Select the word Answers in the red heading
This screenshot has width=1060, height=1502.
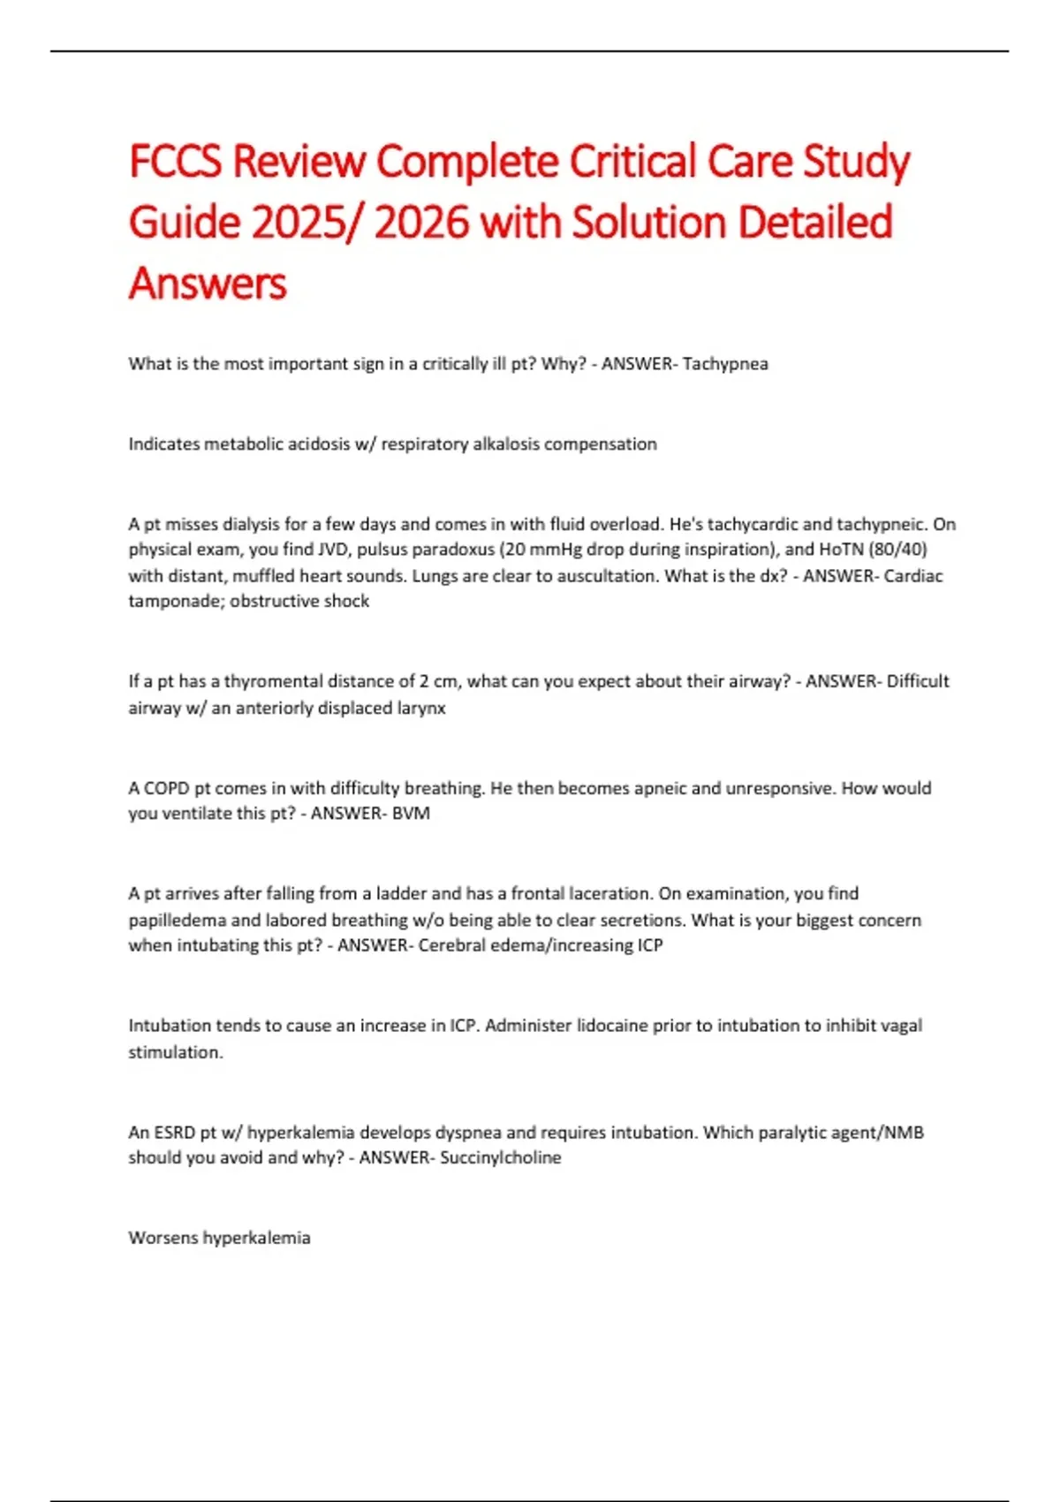pyautogui.click(x=208, y=283)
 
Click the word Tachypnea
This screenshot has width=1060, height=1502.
pyautogui.click(x=725, y=364)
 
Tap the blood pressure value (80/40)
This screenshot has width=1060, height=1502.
pyautogui.click(x=897, y=550)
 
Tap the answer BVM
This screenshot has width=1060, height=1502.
pyautogui.click(x=411, y=814)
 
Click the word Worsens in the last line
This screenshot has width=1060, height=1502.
pyautogui.click(x=163, y=1238)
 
